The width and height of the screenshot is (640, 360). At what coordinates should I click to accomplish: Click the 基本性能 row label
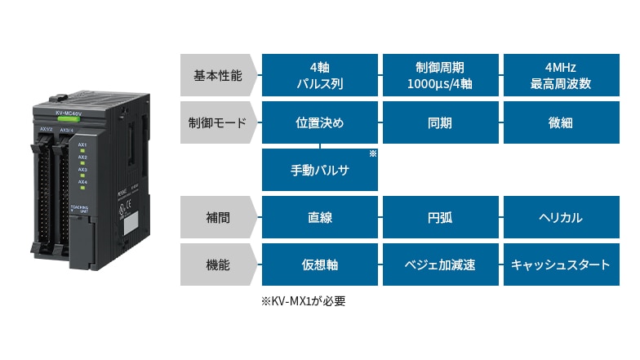pos(218,76)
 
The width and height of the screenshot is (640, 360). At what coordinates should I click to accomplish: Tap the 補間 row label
pos(218,218)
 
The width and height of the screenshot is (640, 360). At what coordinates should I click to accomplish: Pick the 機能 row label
pos(218,265)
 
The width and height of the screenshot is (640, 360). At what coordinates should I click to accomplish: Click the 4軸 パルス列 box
pos(320,76)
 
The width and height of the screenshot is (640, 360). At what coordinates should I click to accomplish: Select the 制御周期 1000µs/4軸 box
pos(440,76)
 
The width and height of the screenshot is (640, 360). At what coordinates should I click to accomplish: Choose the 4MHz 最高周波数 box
pos(561,76)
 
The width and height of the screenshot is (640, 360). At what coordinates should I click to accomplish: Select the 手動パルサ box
pos(320,171)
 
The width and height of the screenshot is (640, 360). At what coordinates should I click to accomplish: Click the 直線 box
pos(320,218)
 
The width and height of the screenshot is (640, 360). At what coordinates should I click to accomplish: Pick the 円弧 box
pos(440,218)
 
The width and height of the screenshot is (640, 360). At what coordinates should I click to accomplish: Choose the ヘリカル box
pos(561,218)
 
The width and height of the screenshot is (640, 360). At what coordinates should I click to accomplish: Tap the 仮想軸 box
pos(320,265)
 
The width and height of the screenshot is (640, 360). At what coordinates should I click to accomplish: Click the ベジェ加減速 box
pos(440,265)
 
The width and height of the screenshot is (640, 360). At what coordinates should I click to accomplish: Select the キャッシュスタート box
pos(561,265)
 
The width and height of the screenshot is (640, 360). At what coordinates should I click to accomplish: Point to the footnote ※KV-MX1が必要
pos(304,301)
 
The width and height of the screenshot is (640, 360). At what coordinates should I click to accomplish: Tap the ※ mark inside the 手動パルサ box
pos(372,153)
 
